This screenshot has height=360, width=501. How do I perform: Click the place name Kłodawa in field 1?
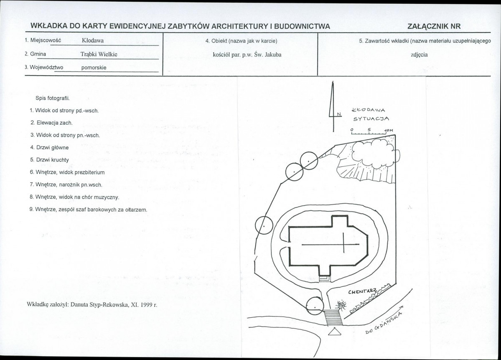coord(93,41)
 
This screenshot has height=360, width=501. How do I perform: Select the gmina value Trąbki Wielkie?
coord(99,54)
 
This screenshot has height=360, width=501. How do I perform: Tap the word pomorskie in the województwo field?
coord(94,68)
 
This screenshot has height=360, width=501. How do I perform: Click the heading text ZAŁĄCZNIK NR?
coord(434,26)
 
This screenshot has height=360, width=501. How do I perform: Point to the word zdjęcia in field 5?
coord(419,55)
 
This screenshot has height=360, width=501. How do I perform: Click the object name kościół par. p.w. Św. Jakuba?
coord(247,55)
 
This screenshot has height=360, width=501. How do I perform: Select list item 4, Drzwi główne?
coord(50,148)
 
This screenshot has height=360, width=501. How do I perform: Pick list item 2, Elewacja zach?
coord(52,123)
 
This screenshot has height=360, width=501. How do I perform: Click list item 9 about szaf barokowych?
coord(89,210)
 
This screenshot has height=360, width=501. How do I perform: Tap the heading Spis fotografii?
coord(53,98)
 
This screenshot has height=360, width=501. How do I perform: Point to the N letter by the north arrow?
coord(339,114)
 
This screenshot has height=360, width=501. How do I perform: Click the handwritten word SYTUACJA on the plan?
coord(371,119)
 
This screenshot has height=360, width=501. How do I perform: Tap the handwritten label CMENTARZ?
coord(362,291)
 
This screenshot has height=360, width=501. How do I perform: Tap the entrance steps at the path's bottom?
coord(333,317)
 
